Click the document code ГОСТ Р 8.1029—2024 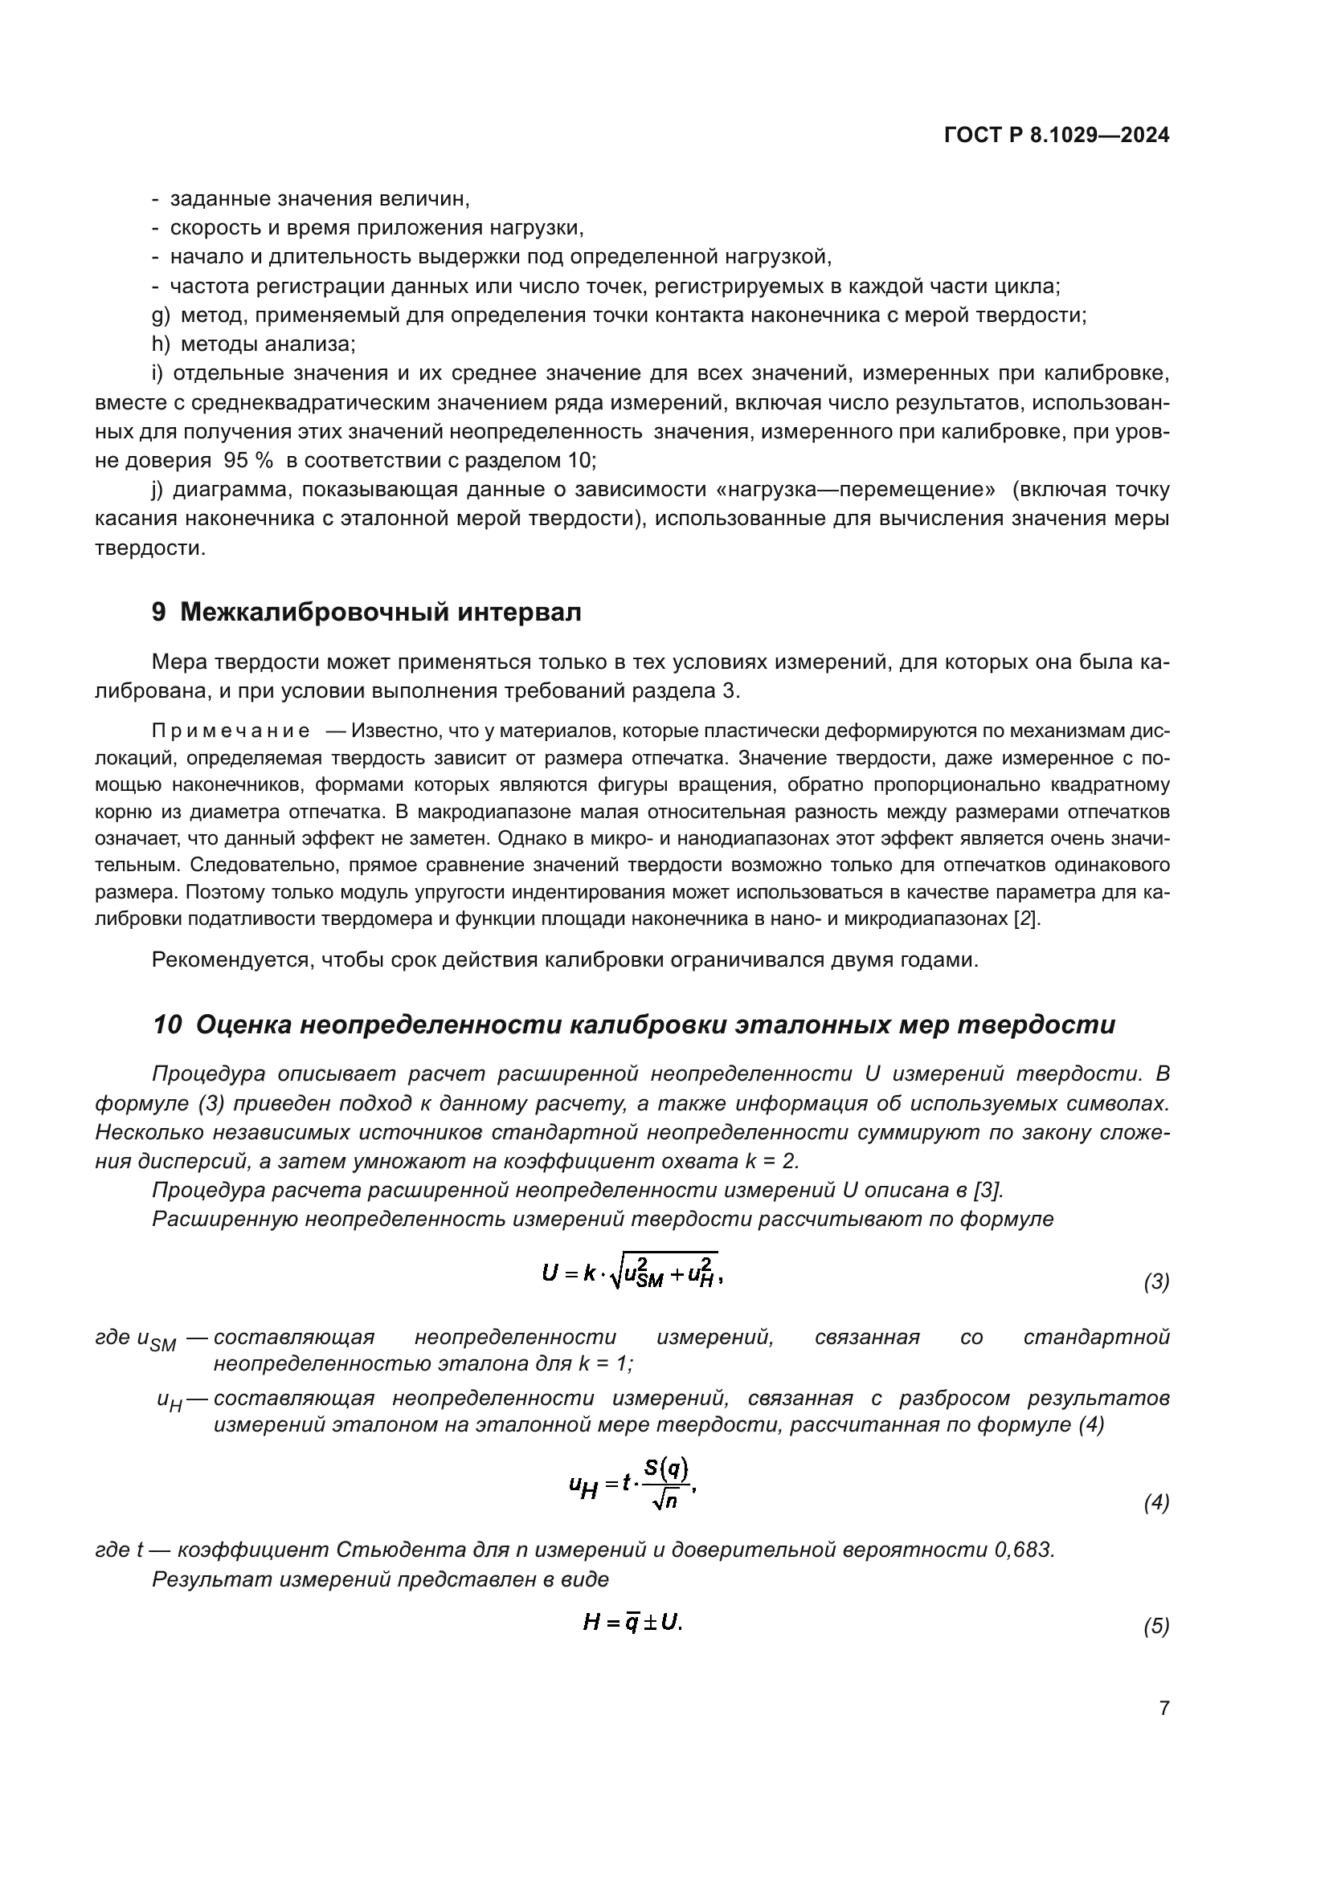[x=1057, y=136]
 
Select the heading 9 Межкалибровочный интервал [x=366, y=611]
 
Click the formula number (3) [x=1155, y=1281]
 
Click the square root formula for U [x=632, y=1272]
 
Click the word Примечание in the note [x=231, y=731]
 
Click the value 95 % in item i [x=248, y=461]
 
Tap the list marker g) [x=161, y=316]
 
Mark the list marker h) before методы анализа [x=161, y=344]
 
